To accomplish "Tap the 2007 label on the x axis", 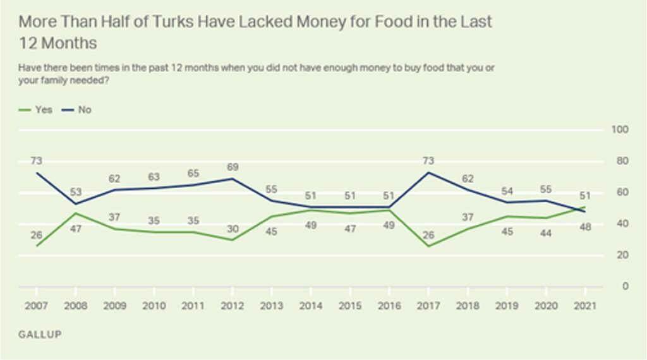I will [x=36, y=306].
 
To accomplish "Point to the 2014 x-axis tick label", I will [x=310, y=306].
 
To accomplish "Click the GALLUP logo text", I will [x=40, y=334].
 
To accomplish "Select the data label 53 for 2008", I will [x=75, y=192].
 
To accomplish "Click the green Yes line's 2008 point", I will [x=75, y=213].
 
